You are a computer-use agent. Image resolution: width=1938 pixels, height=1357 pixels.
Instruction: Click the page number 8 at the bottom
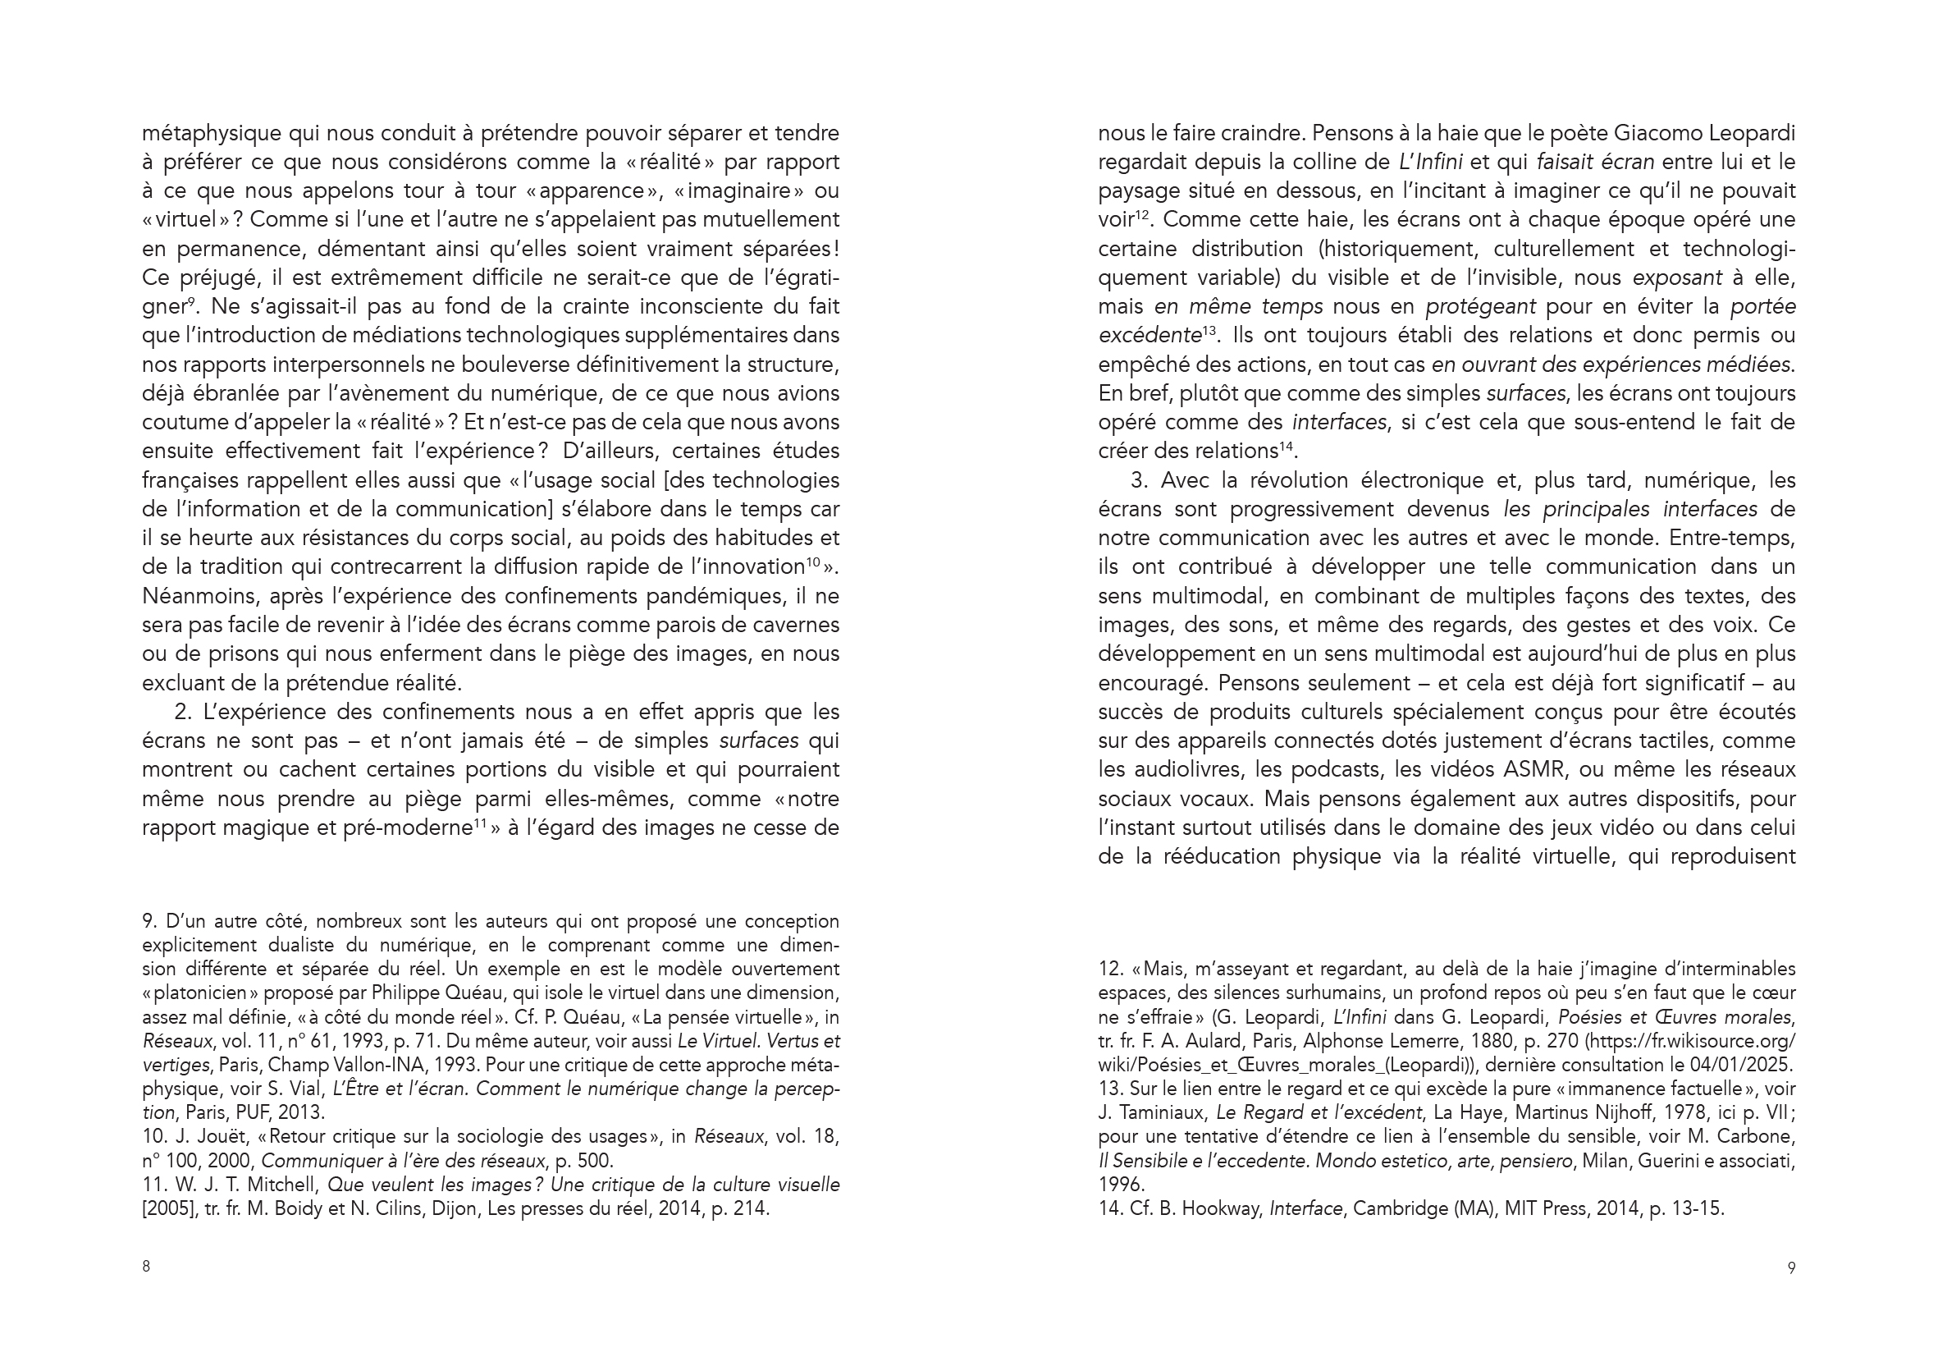pyautogui.click(x=146, y=1267)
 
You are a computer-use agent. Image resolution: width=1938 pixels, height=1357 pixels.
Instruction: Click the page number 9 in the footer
pyautogui.click(x=1791, y=1268)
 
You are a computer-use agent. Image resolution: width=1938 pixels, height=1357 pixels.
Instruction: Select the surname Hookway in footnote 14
pyautogui.click(x=1222, y=1208)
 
